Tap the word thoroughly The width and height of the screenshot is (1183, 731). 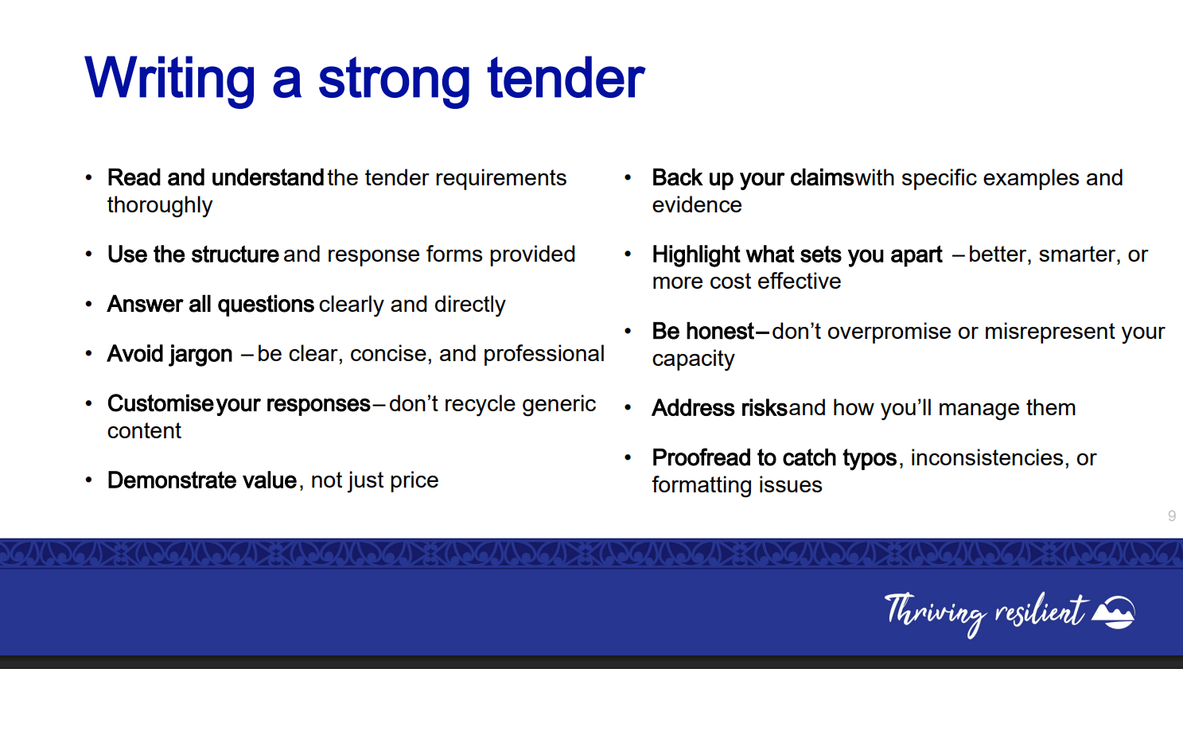(x=159, y=205)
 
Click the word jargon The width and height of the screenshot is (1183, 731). (x=200, y=355)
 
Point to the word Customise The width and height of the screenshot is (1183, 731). (x=161, y=403)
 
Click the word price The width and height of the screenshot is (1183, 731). (x=414, y=481)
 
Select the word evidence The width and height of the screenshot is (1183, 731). (x=697, y=205)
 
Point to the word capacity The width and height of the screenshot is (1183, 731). (x=693, y=360)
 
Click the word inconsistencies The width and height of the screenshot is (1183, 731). (x=986, y=458)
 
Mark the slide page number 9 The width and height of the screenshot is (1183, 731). (x=1171, y=516)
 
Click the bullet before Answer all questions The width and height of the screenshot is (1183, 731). (x=89, y=304)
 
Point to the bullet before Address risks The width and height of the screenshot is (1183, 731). (x=628, y=408)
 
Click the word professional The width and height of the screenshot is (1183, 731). (x=543, y=355)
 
